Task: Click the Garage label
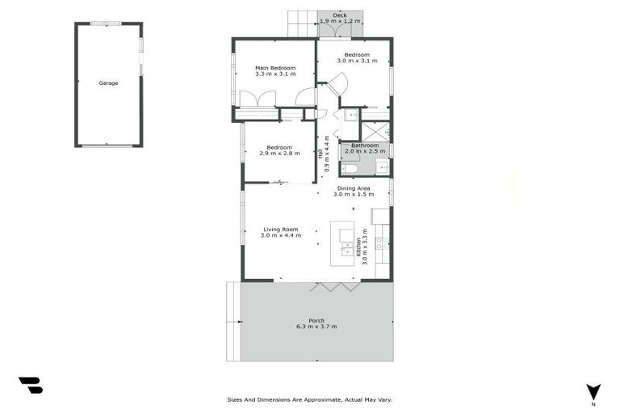(108, 83)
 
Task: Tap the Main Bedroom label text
(274, 68)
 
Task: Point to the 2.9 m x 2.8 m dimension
(279, 154)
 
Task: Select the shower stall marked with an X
(374, 131)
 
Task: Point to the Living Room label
(280, 229)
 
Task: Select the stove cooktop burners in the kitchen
(379, 242)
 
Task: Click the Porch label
(316, 320)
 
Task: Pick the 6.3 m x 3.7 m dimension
(316, 327)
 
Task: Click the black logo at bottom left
(30, 385)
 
